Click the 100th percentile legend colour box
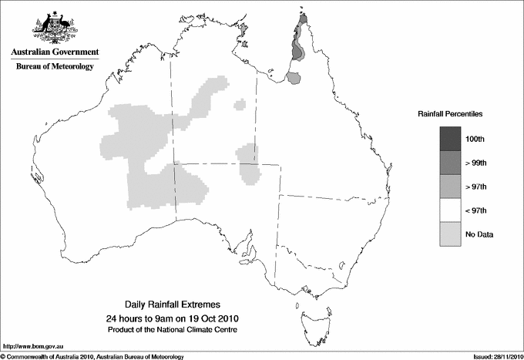[x=449, y=139]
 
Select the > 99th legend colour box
[x=449, y=163]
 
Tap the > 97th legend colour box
[x=449, y=187]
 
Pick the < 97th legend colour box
[x=449, y=210]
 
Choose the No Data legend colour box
[x=449, y=234]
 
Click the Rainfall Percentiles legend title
[x=450, y=113]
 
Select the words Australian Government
[x=55, y=52]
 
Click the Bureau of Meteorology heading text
[x=55, y=67]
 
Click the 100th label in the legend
[x=475, y=139]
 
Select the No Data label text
[x=479, y=234]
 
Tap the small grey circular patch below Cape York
[x=294, y=77]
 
